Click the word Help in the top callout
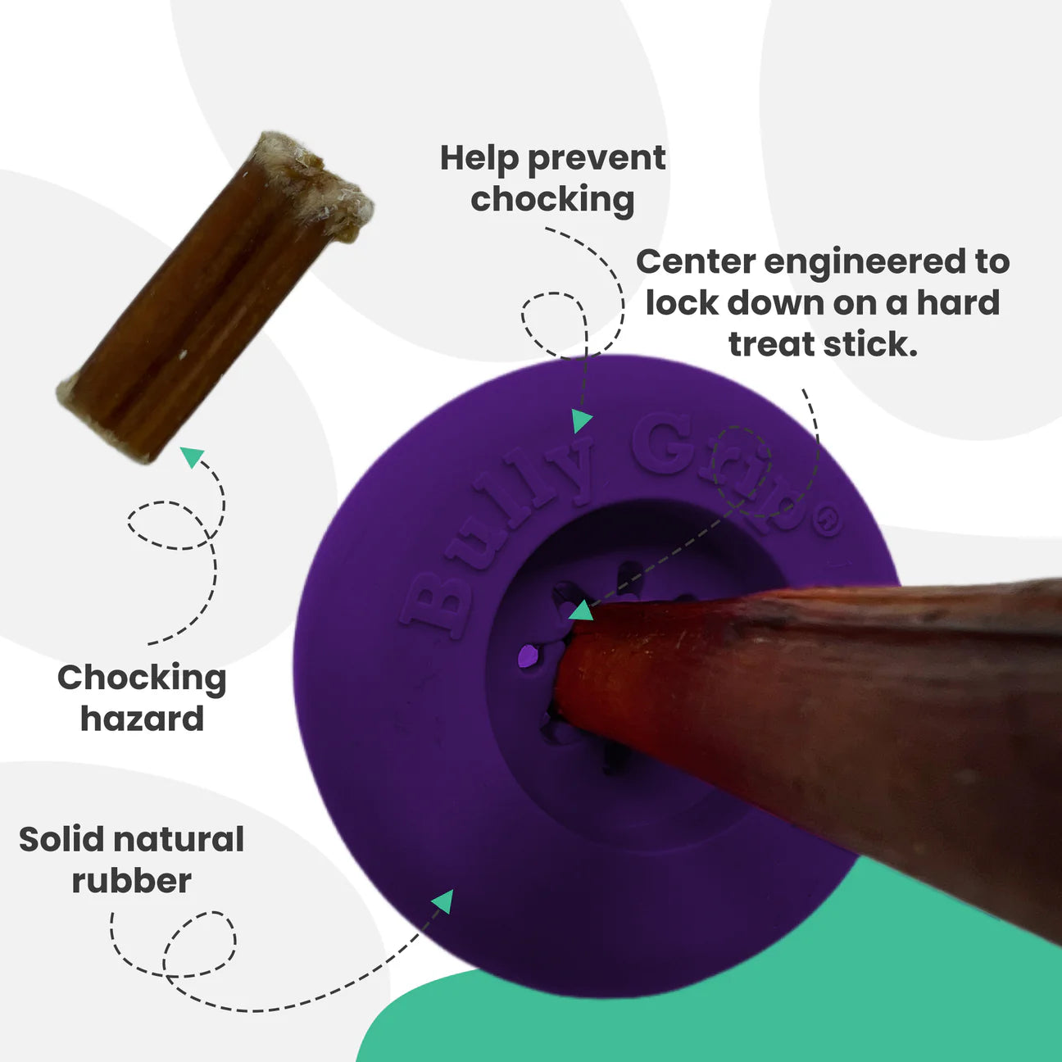pos(479,158)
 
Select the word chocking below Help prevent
pos(552,199)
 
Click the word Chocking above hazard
pos(142,678)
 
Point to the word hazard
pos(142,719)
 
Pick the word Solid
pos(61,840)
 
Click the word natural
pos(179,840)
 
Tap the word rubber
pos(131,881)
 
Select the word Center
pos(696,262)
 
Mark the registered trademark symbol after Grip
pos(828,522)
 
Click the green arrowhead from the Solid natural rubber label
pos(443,901)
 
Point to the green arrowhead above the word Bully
pos(582,420)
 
